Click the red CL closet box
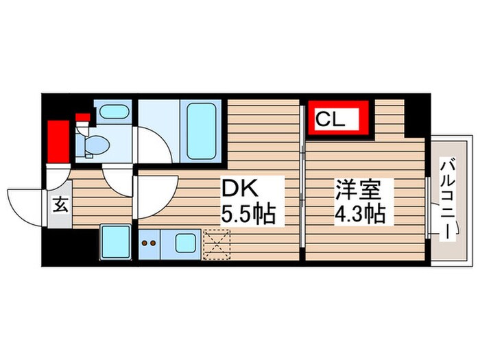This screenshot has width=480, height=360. [x=339, y=118]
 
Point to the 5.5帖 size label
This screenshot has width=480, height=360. [x=247, y=214]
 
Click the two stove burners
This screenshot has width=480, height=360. [x=149, y=241]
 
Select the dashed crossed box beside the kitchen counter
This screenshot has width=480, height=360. [x=217, y=242]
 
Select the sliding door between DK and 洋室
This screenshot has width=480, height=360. [x=302, y=182]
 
